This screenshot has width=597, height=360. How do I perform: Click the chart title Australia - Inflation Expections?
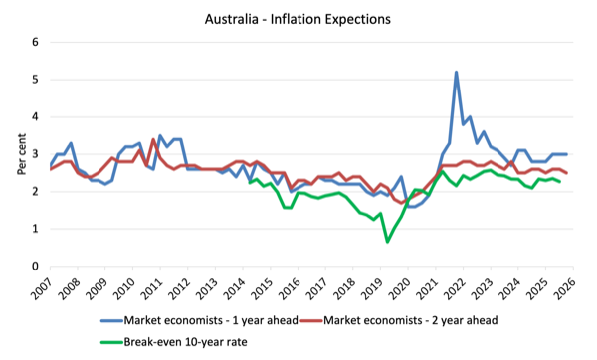298,19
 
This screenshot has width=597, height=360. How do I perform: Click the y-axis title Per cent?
22,154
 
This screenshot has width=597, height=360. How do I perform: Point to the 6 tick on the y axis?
36,42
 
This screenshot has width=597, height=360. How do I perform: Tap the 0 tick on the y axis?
36,267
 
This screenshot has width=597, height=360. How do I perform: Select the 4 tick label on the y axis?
36,116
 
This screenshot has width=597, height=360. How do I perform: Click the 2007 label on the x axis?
42,288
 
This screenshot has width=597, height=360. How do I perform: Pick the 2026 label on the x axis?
565,288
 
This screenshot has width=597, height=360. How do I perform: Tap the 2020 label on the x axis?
400,288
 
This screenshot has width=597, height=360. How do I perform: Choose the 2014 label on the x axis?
235,288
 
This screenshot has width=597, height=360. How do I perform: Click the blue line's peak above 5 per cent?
456,72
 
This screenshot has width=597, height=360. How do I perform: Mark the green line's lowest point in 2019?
387,242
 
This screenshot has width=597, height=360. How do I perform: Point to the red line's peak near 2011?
153,139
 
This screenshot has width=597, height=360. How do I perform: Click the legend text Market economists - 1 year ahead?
211,320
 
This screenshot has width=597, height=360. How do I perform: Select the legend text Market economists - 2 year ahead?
410,320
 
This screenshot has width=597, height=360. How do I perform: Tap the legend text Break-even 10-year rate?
185,342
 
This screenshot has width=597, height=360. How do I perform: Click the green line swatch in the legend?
111,342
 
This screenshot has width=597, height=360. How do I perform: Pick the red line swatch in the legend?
311,321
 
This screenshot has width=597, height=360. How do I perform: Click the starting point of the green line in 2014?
250,183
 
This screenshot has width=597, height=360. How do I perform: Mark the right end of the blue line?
566,154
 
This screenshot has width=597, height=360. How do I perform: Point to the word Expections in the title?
358,20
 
